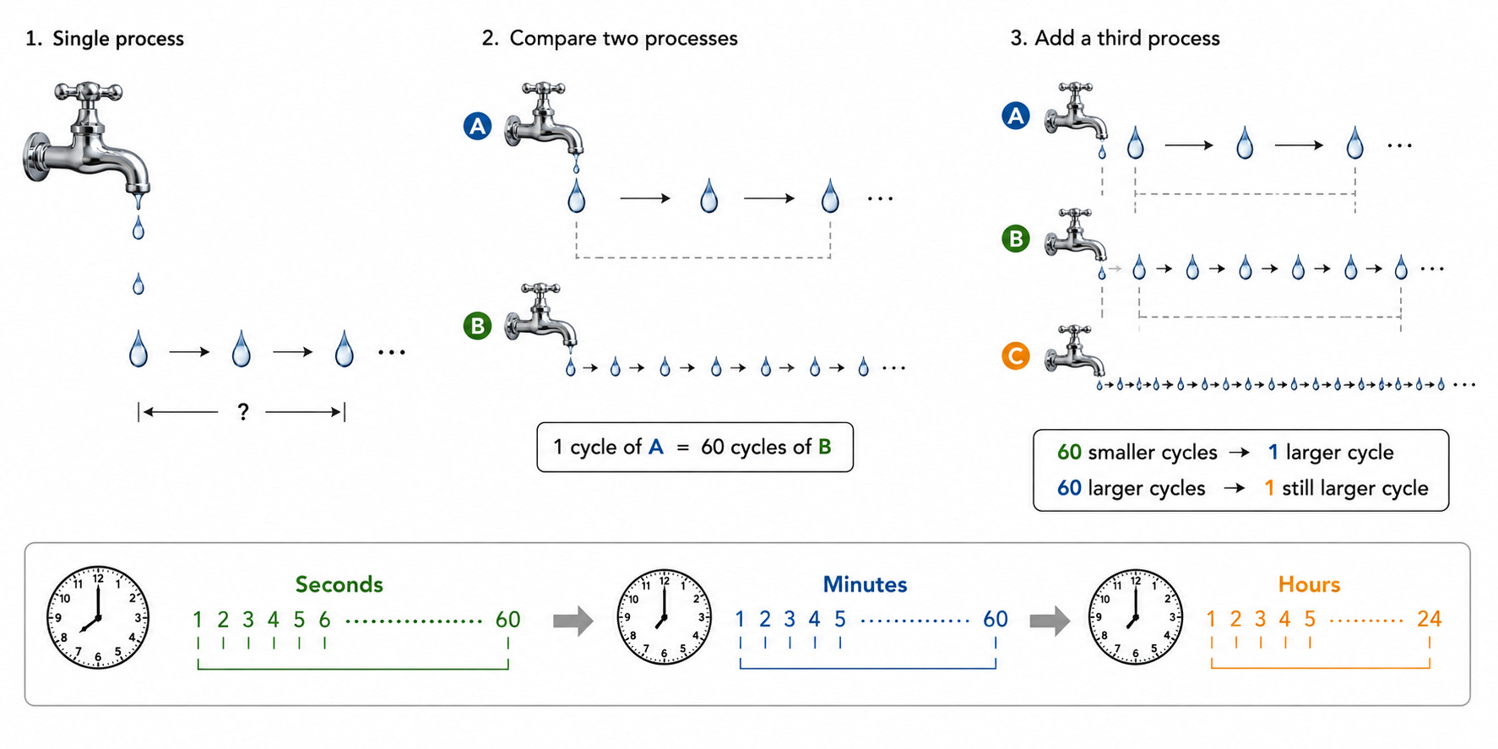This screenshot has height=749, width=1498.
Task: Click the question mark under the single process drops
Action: pyautogui.click(x=243, y=412)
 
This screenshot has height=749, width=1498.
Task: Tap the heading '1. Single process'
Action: pyautogui.click(x=105, y=39)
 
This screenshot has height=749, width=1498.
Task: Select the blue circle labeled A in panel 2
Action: pyautogui.click(x=478, y=127)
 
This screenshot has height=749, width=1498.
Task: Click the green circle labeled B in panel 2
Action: pyautogui.click(x=478, y=326)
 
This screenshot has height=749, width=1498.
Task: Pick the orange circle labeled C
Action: pyautogui.click(x=1015, y=356)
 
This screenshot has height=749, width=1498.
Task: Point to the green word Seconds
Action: pyautogui.click(x=339, y=584)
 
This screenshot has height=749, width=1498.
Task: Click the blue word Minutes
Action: pyautogui.click(x=866, y=584)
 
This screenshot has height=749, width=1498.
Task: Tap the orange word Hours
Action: pyautogui.click(x=1309, y=584)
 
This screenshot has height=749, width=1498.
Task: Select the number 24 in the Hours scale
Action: pyautogui.click(x=1429, y=619)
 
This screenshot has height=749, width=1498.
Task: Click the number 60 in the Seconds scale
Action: pyautogui.click(x=507, y=620)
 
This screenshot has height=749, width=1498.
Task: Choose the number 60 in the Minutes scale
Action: pyautogui.click(x=996, y=619)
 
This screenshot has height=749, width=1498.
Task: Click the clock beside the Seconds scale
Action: pyautogui.click(x=98, y=617)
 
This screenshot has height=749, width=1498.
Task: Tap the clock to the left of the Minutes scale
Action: pyautogui.click(x=665, y=617)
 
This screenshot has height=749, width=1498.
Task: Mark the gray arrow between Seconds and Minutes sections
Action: pyautogui.click(x=573, y=621)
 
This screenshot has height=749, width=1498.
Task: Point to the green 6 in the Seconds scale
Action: pyautogui.click(x=324, y=620)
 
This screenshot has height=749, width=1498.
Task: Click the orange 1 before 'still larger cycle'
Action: pyautogui.click(x=1269, y=488)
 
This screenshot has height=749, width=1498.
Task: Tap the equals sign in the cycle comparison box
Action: pyautogui.click(x=682, y=448)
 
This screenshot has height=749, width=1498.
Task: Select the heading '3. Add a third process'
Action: pyautogui.click(x=1115, y=38)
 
